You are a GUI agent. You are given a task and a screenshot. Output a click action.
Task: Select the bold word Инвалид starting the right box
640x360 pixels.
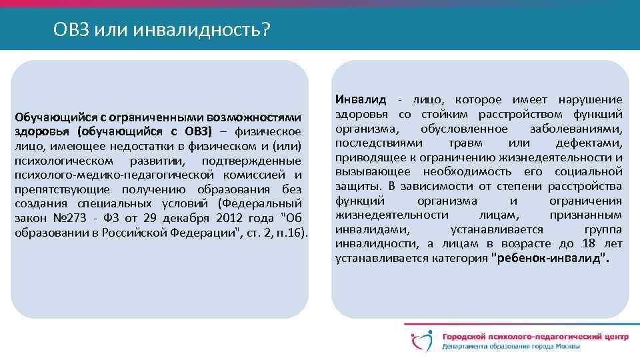pyautogui.click(x=361, y=100)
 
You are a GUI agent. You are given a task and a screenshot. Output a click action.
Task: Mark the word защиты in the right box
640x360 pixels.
pyautogui.click(x=353, y=187)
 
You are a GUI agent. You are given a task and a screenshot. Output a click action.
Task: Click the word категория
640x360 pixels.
pyautogui.click(x=462, y=259)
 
